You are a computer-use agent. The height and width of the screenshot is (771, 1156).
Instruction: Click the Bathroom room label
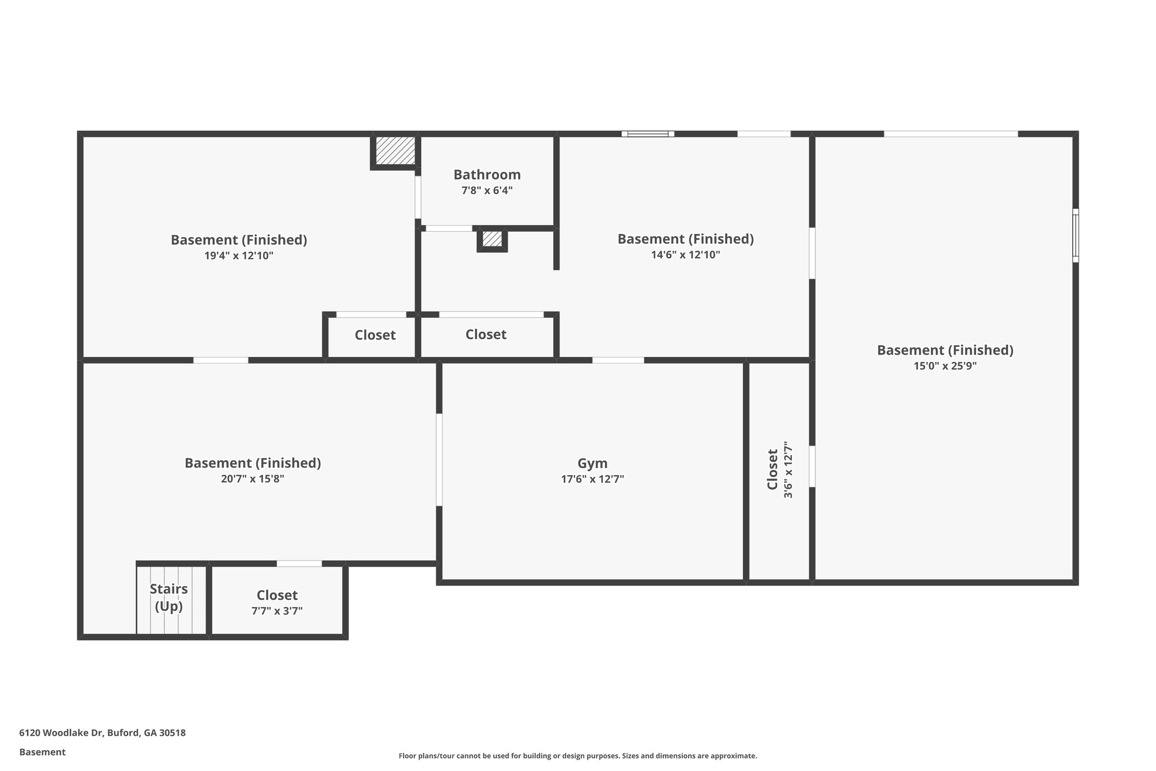[x=487, y=175]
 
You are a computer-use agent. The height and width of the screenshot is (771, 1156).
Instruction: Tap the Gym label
[x=592, y=463]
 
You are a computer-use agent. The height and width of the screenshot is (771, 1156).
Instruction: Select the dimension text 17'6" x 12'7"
[x=592, y=479]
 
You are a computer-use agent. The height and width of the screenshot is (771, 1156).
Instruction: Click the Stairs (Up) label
[x=169, y=597]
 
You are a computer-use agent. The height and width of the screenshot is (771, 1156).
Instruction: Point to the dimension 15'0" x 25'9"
[x=945, y=365]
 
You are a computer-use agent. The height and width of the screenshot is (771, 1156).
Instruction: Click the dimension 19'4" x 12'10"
[x=239, y=255]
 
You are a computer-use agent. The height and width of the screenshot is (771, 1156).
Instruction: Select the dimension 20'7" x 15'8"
[x=252, y=478]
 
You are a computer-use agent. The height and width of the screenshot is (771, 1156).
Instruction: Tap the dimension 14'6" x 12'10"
[x=685, y=254]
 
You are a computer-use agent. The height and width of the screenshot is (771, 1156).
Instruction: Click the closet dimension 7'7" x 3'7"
[x=277, y=611]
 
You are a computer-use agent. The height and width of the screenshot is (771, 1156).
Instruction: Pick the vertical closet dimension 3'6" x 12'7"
[x=788, y=470]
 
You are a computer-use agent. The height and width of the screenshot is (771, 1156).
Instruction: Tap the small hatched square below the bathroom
[x=492, y=239]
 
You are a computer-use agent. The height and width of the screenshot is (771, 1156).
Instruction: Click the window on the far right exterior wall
[x=1075, y=236]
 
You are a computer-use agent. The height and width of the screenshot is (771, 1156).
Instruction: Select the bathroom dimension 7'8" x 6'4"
[x=487, y=190]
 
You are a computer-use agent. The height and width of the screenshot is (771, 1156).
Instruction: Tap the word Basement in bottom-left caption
[x=42, y=752]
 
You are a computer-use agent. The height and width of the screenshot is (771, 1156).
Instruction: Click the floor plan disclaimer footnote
[x=577, y=756]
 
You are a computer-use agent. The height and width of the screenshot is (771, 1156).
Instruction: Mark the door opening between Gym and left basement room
[x=439, y=460]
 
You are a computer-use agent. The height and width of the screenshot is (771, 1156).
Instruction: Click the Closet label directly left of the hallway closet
[x=375, y=335]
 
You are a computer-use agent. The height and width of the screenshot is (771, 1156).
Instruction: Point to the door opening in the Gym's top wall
[x=618, y=360]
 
